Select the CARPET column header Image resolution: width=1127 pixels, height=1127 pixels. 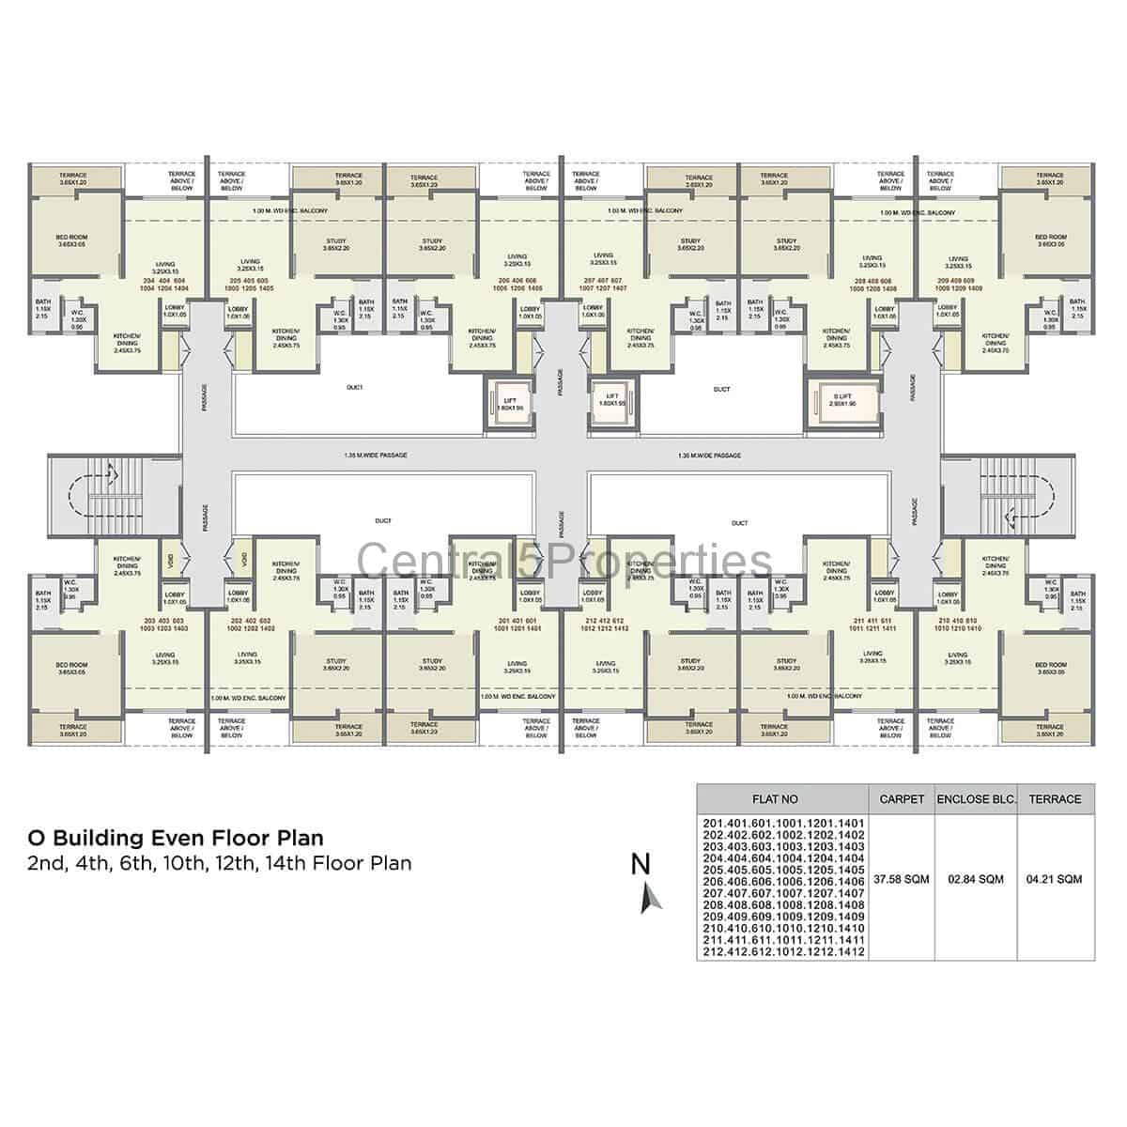pos(902,799)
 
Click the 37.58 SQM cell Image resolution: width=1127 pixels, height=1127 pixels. pos(902,880)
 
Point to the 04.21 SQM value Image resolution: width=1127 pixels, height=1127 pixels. pos(1055,880)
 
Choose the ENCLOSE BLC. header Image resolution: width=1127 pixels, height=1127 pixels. pos(977,799)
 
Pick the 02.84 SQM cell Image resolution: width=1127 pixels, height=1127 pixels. pos(977,880)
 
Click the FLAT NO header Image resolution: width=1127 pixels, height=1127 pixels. pos(776,799)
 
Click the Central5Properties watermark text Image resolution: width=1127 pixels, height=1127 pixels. pos(565,563)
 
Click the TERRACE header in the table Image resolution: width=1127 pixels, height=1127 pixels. pos(1055,799)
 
